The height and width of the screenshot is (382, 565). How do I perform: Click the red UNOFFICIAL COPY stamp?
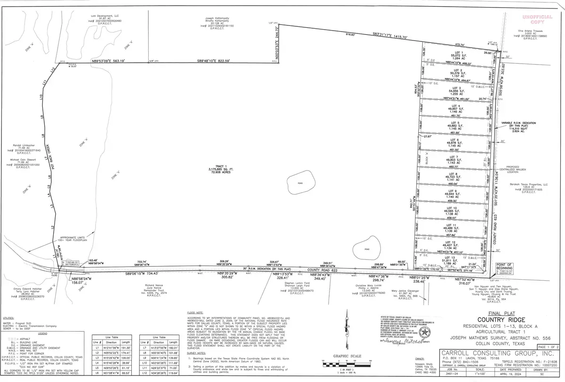541,20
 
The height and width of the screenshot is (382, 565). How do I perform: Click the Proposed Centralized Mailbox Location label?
530,170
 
